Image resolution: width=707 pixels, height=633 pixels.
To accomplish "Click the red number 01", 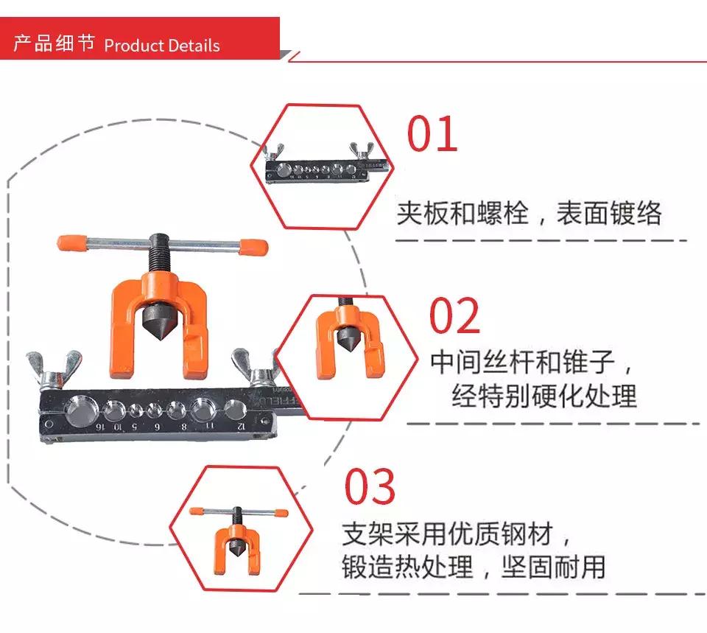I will tap(433, 133).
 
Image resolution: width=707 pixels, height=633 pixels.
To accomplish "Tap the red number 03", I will tap(370, 487).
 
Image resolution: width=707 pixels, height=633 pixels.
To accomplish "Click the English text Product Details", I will tap(162, 46).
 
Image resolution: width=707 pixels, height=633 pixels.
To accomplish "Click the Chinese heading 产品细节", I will tap(54, 44).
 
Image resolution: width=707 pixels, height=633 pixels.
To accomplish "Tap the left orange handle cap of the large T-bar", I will tap(73, 242).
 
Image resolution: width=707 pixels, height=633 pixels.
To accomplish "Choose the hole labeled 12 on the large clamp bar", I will tap(235, 410).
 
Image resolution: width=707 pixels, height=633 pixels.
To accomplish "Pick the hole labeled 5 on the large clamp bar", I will tap(137, 411).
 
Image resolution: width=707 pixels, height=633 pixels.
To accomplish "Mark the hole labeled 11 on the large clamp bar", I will tap(203, 410).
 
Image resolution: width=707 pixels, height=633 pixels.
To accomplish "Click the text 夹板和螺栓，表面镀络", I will tap(529, 214).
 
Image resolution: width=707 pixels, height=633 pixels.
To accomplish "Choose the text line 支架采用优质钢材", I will tap(455, 533).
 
